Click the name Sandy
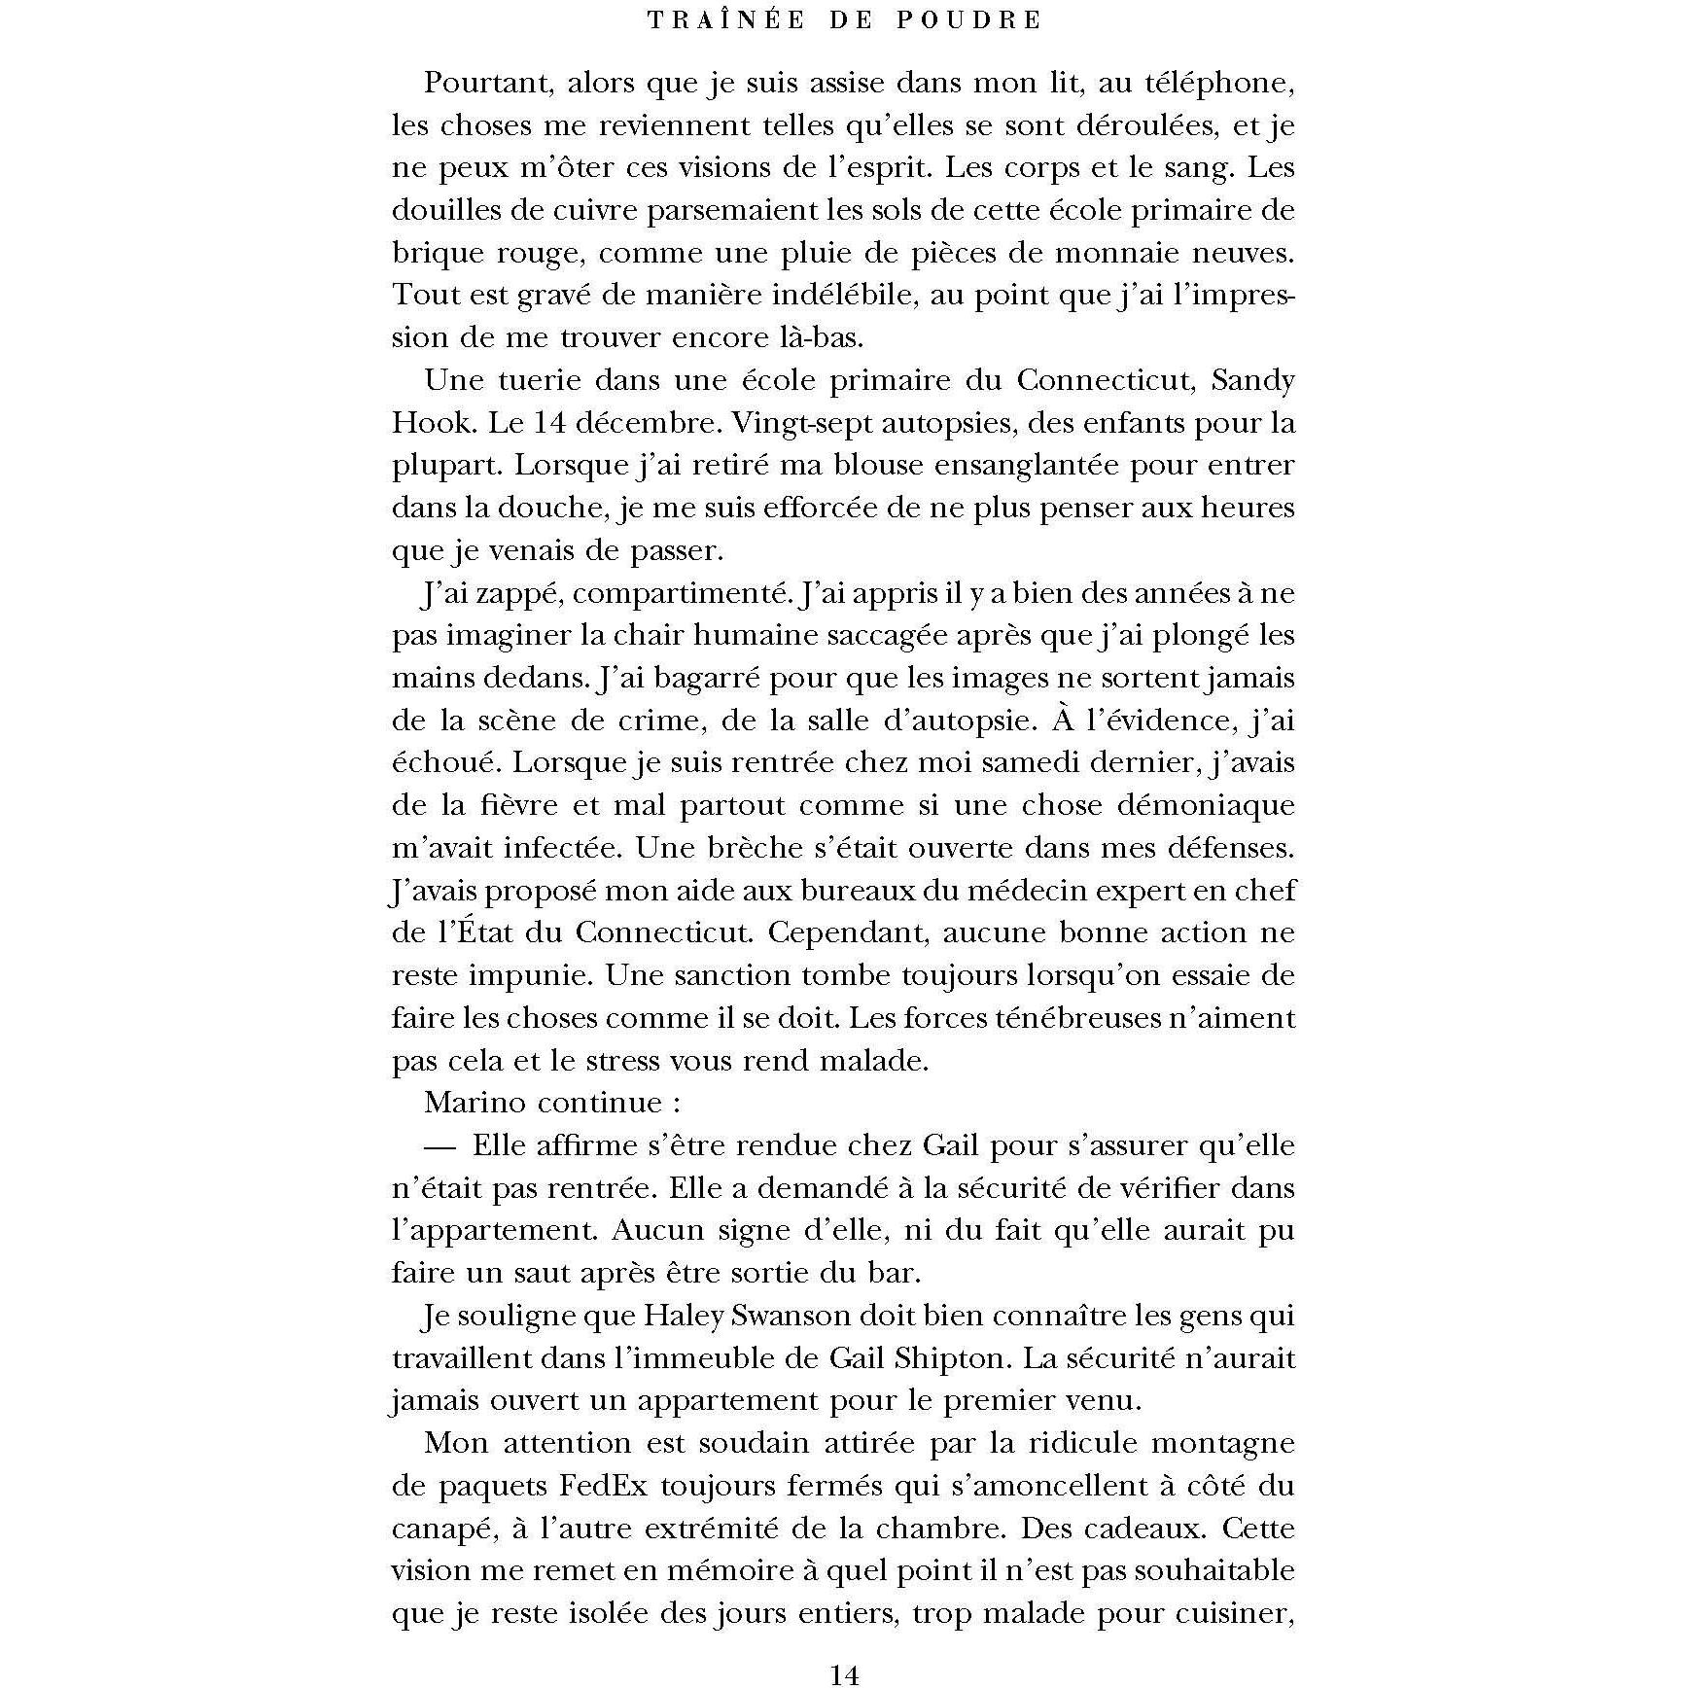coord(1252,379)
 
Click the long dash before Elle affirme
coord(440,1145)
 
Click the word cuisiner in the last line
coord(1235,1614)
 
